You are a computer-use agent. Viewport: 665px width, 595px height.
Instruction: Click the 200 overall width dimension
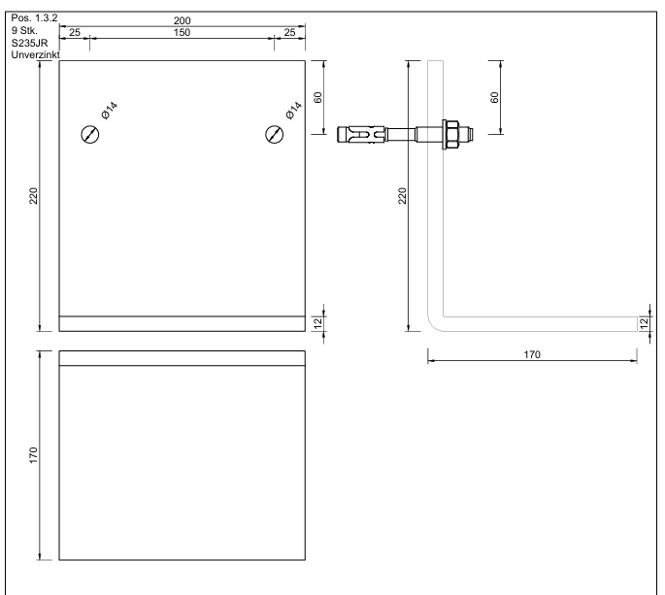(182, 20)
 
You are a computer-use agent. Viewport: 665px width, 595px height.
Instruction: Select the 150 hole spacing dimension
(182, 33)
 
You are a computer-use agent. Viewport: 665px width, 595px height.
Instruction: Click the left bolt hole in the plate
(88, 134)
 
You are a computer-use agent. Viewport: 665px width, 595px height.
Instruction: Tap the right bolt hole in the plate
(275, 134)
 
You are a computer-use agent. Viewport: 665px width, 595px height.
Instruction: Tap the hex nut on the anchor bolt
(451, 134)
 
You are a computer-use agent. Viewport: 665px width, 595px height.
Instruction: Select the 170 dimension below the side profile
(531, 355)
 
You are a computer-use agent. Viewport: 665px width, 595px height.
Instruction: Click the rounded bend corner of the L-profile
(434, 324)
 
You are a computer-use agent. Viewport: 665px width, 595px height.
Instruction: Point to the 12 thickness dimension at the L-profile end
(644, 322)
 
